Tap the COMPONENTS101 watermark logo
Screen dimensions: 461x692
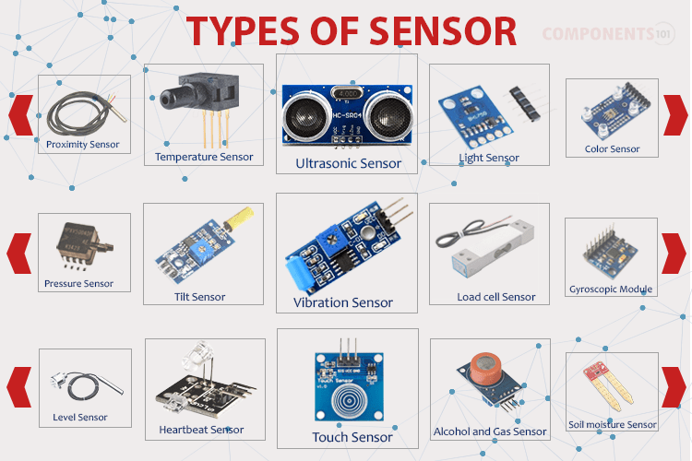(x=609, y=34)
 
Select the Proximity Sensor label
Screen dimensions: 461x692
(x=83, y=144)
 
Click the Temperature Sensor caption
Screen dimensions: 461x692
(x=204, y=157)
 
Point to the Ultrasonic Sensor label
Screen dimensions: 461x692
(x=348, y=163)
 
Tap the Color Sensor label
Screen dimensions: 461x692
(x=612, y=148)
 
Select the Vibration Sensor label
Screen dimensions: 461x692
(x=343, y=302)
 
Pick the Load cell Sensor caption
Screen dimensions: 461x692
(x=496, y=297)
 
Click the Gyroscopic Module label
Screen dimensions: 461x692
(x=611, y=290)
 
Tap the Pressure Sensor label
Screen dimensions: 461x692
(x=79, y=284)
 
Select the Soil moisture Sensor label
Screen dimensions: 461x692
(x=613, y=425)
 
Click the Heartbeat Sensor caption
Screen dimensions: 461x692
(x=201, y=430)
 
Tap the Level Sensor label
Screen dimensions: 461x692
(x=80, y=418)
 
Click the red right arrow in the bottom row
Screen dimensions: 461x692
(x=674, y=386)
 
